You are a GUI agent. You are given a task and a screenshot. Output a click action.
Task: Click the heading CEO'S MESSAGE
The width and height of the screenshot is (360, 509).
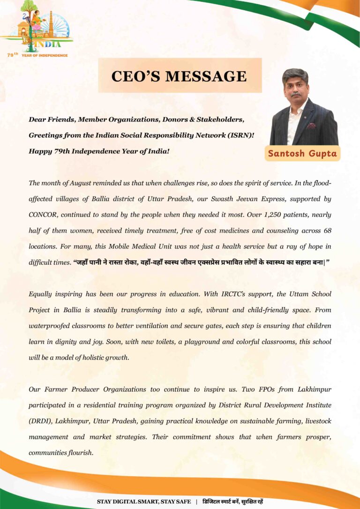click(x=179, y=76)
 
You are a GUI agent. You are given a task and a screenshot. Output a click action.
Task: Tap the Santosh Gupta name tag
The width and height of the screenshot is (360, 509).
click(x=302, y=154)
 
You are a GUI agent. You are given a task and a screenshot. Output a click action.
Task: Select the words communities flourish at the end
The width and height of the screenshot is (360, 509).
click(x=61, y=453)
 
